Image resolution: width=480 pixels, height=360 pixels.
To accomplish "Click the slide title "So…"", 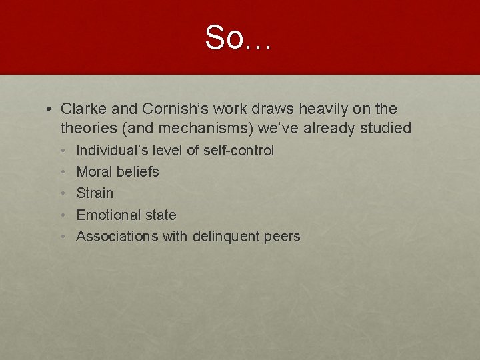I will pyautogui.click(x=239, y=38).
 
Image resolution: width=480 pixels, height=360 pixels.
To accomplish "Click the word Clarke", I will pyautogui.click(x=82, y=109).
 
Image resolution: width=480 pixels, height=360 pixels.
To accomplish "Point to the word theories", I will pyautogui.click(x=87, y=128).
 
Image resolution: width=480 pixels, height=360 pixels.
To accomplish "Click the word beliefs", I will pyautogui.click(x=137, y=172).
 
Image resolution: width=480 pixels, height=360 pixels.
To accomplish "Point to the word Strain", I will pyautogui.click(x=95, y=193).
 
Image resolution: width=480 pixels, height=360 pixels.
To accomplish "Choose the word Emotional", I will pyautogui.click(x=108, y=215).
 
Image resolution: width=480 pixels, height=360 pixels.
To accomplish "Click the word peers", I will pyautogui.click(x=283, y=236).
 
